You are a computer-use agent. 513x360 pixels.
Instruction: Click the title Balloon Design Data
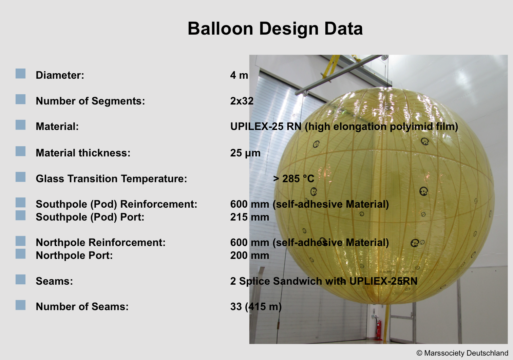coord(275,29)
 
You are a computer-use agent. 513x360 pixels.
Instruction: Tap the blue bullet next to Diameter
coord(21,74)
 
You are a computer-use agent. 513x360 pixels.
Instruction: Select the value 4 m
coord(239,75)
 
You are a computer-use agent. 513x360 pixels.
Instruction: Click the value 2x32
coord(242,101)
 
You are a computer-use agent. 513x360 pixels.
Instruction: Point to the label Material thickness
coord(83,153)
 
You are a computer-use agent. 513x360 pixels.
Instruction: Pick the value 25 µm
coord(245,153)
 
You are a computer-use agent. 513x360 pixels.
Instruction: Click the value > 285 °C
coord(294,178)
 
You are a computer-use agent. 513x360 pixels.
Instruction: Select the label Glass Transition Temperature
coord(111,178)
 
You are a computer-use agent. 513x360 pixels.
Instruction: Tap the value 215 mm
coord(250,217)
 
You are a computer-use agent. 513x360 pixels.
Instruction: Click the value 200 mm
coord(250,255)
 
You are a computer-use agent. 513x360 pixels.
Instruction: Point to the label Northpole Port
coord(74,255)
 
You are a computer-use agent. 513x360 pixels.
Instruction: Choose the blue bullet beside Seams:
coord(21,279)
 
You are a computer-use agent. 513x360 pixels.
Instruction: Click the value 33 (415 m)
coord(256,306)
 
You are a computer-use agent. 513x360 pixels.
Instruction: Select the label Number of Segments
coord(90,101)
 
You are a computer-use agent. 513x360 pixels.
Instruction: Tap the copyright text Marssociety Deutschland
coord(466,353)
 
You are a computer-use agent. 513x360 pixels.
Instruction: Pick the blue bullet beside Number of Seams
coord(21,305)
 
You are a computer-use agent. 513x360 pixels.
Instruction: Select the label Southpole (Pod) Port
coord(90,217)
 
